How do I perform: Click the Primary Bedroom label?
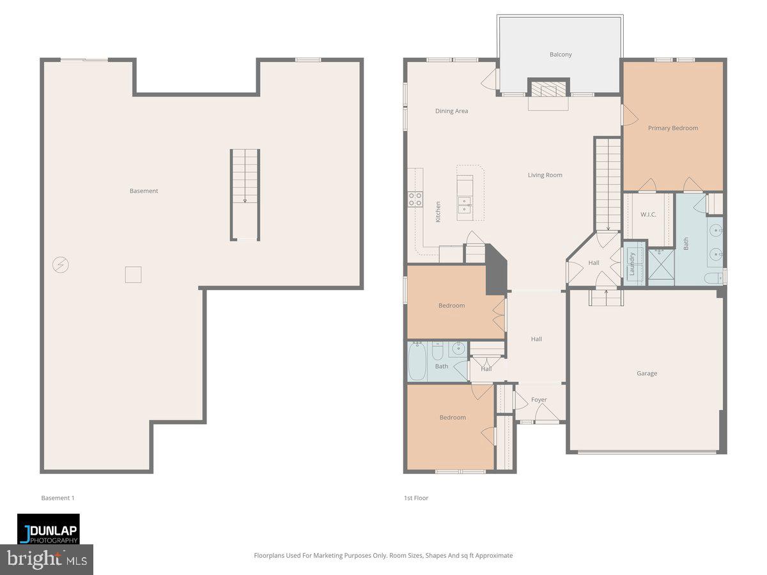tap(672, 128)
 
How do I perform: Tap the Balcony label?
tap(561, 54)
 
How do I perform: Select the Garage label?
tap(646, 373)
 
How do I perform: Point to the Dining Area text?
tap(451, 111)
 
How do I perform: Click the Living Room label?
tap(545, 175)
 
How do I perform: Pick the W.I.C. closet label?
tap(648, 215)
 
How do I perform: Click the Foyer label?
tap(539, 400)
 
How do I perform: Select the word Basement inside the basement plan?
tap(144, 191)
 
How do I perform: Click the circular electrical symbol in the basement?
tap(61, 264)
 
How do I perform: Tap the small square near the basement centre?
tap(133, 275)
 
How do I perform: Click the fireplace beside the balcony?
tap(548, 89)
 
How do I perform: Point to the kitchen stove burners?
tap(415, 199)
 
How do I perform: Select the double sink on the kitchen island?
tap(465, 204)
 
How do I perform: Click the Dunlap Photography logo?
tap(49, 529)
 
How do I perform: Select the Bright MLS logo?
tap(47, 560)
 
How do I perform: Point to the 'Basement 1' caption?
tap(58, 498)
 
